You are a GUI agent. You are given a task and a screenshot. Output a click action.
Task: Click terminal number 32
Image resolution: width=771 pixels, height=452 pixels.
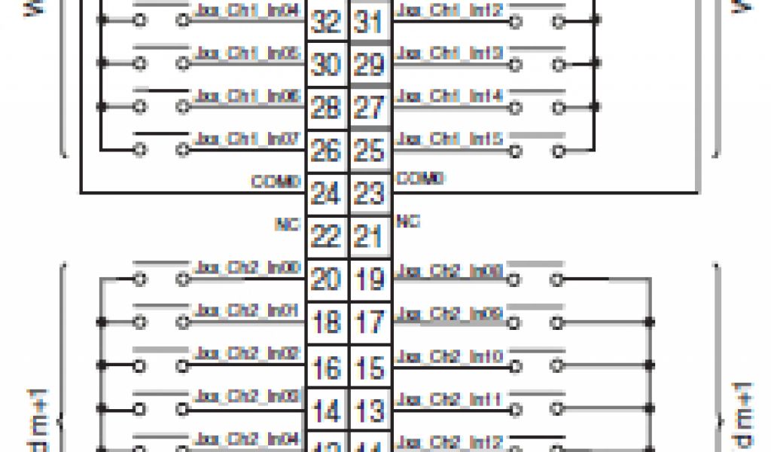326,22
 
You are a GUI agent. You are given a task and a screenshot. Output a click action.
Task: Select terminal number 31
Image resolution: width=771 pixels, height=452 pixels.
369,22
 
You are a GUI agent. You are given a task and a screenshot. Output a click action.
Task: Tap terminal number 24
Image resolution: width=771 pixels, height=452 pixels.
326,194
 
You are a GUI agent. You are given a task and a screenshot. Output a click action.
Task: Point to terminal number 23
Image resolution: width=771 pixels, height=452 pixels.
369,194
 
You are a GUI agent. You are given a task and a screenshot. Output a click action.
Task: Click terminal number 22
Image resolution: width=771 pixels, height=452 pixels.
326,237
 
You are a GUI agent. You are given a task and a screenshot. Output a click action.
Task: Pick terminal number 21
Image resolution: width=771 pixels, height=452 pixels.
369,237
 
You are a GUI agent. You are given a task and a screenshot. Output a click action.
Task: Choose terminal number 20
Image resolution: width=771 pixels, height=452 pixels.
326,280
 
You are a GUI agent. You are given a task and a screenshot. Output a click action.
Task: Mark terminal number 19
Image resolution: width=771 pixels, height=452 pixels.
369,280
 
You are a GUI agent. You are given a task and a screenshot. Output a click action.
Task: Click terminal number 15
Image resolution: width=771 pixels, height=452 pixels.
369,368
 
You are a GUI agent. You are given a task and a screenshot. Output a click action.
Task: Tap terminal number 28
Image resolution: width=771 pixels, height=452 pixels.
326,108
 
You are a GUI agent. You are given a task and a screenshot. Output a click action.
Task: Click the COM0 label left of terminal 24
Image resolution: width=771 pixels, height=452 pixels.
276,182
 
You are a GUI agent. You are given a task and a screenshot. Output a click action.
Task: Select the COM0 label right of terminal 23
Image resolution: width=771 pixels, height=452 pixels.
420,179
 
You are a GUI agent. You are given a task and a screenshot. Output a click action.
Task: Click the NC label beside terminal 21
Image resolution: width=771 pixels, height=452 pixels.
408,222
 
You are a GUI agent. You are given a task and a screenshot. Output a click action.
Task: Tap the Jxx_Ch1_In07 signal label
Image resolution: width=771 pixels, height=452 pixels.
248,139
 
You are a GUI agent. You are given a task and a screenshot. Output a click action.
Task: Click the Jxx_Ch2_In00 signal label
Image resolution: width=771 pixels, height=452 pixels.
248,267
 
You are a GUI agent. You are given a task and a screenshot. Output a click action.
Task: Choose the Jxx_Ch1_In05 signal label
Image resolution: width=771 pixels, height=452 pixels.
248,53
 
